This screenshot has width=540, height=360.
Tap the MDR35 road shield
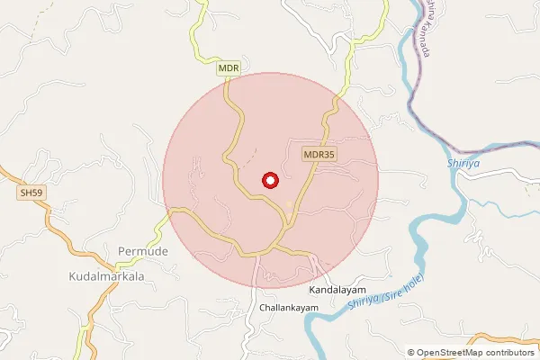point(319,154)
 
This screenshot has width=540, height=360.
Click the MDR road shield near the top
point(229,67)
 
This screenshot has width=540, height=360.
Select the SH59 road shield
point(31,193)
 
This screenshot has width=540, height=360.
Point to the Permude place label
point(143,250)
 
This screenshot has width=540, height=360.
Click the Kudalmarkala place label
point(107,277)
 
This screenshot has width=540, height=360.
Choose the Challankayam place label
point(289,308)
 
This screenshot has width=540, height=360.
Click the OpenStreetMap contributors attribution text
point(471,352)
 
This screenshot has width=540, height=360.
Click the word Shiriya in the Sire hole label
point(360,311)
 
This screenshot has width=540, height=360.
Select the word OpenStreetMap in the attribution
point(449,352)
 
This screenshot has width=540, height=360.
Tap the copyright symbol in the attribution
point(410,352)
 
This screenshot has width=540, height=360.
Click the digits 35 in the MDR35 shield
point(329,154)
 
